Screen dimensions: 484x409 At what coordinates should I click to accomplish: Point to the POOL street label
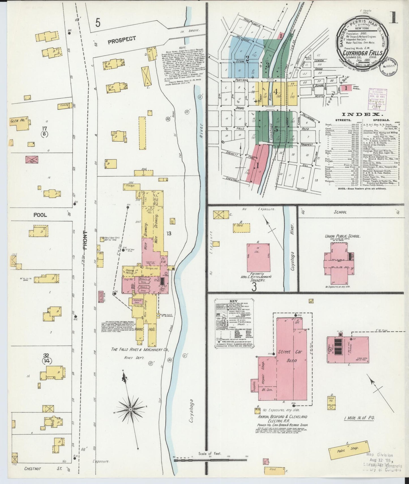[40, 215]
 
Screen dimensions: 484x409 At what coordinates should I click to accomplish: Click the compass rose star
[130, 409]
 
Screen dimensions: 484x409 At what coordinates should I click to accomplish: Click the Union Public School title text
[342, 236]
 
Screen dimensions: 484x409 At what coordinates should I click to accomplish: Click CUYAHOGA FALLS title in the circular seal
[363, 53]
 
